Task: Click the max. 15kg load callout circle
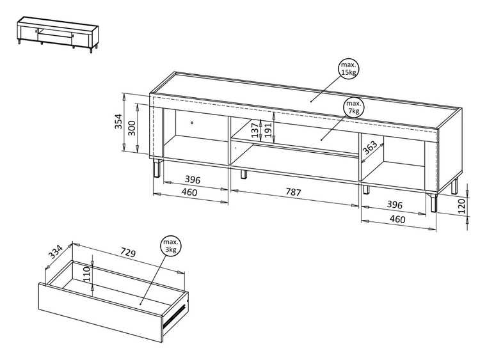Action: tap(348, 69)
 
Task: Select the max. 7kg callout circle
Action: tap(353, 107)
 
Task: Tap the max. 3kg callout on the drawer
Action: tap(170, 246)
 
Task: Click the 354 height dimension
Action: tap(118, 121)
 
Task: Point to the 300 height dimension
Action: tap(131, 128)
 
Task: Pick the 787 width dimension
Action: tap(293, 192)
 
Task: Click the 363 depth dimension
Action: tap(370, 148)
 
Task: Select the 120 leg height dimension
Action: tap(462, 206)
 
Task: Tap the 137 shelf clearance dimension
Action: tap(255, 130)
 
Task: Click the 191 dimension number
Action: tap(268, 130)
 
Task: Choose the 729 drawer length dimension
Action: tap(127, 253)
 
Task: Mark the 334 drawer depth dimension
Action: tap(56, 252)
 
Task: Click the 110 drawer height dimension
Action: tap(86, 274)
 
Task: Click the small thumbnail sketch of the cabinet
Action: tap(58, 35)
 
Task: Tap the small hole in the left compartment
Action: tap(192, 123)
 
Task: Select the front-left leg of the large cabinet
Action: tap(156, 168)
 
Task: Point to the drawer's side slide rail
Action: tap(175, 316)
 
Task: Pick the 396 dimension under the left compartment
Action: tap(193, 180)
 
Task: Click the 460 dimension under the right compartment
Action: tap(397, 219)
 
